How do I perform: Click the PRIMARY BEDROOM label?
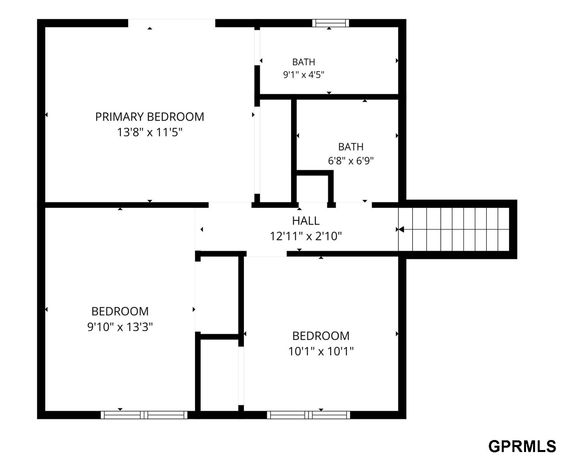[150, 117]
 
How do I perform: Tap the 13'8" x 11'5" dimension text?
[150, 132]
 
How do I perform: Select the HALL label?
[306, 221]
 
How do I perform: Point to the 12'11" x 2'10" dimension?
[306, 236]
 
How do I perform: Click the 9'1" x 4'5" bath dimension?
[303, 75]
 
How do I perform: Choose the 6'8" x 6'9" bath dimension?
[351, 161]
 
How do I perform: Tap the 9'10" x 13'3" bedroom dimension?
[120, 327]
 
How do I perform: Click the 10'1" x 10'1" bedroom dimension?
[321, 351]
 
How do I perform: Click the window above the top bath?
[331, 23]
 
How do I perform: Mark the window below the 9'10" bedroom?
[144, 415]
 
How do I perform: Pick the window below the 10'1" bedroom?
[308, 415]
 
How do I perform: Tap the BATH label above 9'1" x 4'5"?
[303, 62]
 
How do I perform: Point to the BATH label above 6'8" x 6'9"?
[351, 147]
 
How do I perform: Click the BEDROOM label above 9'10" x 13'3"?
[120, 311]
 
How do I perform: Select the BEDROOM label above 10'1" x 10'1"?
[321, 336]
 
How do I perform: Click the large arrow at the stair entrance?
[401, 229]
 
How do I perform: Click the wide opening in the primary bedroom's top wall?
[172, 23]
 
